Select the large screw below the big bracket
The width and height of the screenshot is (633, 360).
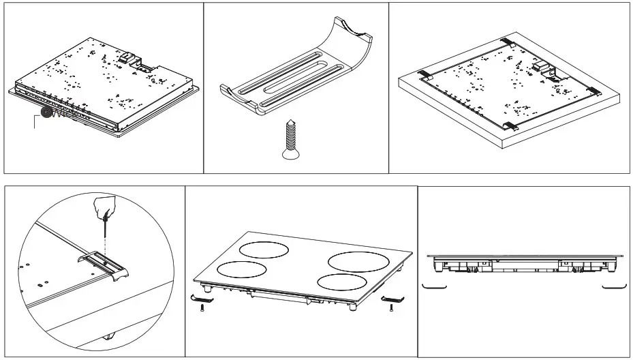point(288,139)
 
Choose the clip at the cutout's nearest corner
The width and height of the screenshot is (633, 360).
point(510,125)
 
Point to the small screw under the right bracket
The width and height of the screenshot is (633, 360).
point(391,308)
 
